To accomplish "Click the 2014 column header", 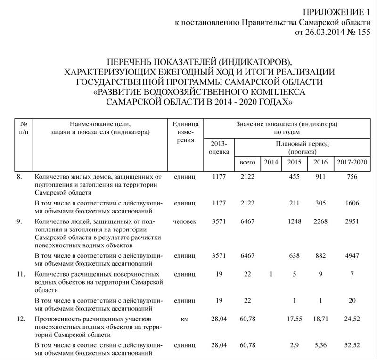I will point(271,162).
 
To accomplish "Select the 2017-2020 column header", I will point(352,162).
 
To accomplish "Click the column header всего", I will point(247,162).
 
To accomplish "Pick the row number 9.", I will point(19,221).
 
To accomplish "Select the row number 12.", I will point(20,319).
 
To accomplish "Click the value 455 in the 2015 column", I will point(295,177).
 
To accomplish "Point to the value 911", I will point(320,177).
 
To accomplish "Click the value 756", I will point(352,177).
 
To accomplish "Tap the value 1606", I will point(352,203).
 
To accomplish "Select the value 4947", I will point(352,255).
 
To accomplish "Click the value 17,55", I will point(295,319).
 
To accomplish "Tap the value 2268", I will point(320,221).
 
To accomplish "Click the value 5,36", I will point(320,345).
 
